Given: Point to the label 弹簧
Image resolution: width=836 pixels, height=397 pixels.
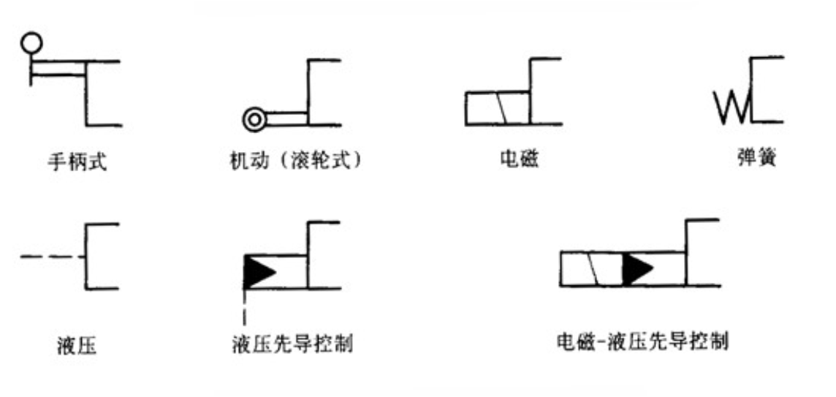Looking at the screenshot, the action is (x=756, y=159).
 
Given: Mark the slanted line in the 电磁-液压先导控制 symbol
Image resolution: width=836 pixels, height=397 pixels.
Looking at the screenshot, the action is (x=595, y=268).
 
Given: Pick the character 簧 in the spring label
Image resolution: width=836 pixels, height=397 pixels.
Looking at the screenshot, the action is (x=766, y=159).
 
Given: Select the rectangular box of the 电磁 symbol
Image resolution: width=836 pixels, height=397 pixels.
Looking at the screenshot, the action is (x=497, y=108).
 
